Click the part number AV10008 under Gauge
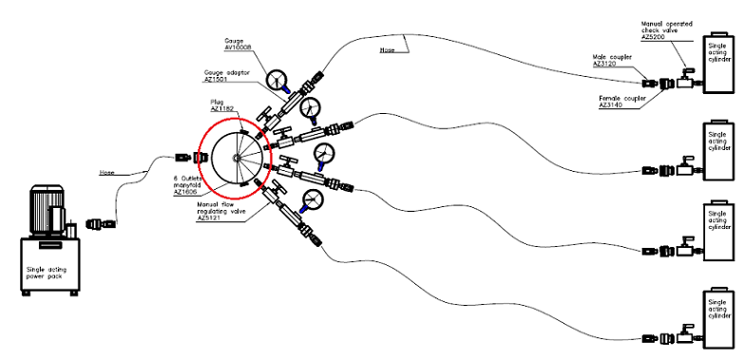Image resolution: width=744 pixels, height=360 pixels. coord(238,47)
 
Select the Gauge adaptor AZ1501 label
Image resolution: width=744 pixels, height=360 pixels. coord(224,77)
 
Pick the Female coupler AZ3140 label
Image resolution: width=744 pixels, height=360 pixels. coord(619,101)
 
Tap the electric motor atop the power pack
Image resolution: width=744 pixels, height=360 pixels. coord(47,210)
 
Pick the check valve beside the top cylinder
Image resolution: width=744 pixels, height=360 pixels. coord(685,83)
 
